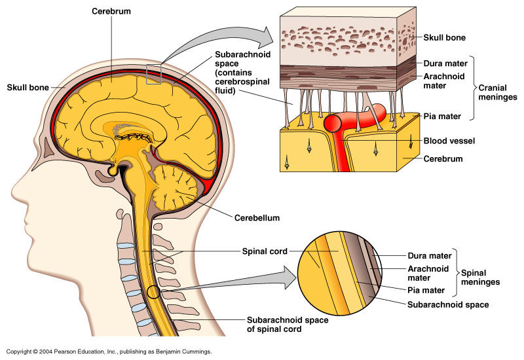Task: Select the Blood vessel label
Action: pos(449,141)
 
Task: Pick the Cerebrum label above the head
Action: pos(110,12)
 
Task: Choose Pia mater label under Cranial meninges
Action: pos(442,117)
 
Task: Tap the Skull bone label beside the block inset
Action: pos(445,38)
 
